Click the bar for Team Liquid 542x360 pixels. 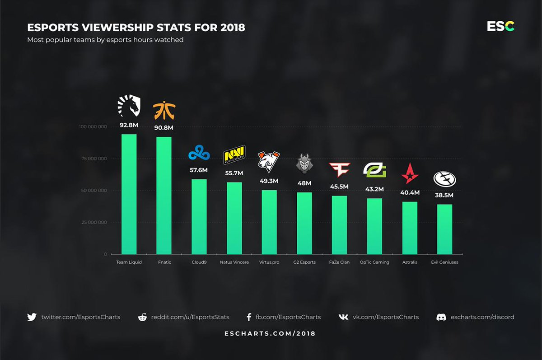tap(129, 194)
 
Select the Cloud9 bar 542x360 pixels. tap(199, 217)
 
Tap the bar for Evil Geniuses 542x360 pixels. tap(445, 229)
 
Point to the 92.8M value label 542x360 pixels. tap(129, 125)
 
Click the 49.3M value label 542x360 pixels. tap(269, 181)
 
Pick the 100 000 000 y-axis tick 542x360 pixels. tap(93, 127)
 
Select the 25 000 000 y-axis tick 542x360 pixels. tap(94, 222)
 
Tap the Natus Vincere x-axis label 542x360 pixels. tap(234, 262)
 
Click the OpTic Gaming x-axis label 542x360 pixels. tap(374, 262)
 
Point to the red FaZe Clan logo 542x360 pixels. tap(339, 170)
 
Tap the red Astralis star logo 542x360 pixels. tap(410, 173)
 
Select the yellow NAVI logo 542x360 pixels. tap(234, 155)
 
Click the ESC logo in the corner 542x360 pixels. tap(500, 27)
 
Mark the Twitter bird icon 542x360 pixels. tap(32, 317)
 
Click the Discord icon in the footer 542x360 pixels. tap(441, 317)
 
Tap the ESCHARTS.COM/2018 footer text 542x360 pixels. tap(270, 334)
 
